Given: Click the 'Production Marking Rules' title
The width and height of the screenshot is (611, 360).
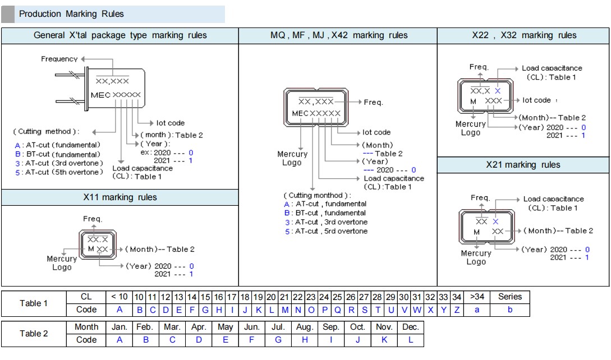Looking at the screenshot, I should (71, 14).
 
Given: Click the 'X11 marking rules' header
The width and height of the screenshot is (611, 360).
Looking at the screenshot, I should (120, 197).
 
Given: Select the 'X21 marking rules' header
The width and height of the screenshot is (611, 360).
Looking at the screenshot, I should (523, 165).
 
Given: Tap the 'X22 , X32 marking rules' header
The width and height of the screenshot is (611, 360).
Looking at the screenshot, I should (523, 35).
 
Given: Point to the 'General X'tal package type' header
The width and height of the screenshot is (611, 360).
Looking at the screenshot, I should (120, 35).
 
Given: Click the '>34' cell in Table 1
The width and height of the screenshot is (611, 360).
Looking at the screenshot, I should (477, 297).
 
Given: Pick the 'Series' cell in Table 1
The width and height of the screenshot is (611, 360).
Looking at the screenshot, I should (509, 297).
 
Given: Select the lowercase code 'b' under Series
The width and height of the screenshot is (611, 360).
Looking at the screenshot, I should (509, 310).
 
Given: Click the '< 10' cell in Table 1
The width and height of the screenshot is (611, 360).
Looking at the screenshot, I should (119, 297).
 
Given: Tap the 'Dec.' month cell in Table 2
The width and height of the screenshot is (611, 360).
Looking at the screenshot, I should (411, 327).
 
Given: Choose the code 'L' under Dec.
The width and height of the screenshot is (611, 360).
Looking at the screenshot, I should (411, 340).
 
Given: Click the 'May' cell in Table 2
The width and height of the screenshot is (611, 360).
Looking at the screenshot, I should (225, 327).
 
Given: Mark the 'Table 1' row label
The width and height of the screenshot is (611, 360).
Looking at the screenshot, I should (34, 303).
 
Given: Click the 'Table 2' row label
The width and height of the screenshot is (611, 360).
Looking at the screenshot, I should (34, 334).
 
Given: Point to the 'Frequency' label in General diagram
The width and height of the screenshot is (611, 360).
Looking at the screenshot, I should (59, 59).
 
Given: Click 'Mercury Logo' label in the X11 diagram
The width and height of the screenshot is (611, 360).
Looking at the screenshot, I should (62, 263).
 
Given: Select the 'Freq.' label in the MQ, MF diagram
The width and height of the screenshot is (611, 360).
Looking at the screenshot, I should (373, 103).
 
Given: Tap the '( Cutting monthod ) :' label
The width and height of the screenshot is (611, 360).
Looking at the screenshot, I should (317, 195).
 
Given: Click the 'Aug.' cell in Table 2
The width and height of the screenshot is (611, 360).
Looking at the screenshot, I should (305, 327).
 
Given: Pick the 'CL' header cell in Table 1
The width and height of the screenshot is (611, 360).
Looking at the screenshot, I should (86, 297).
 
